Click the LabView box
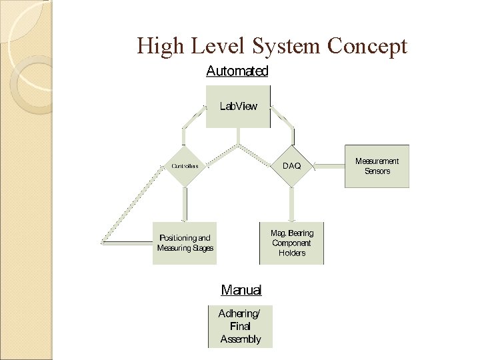tap(238, 106)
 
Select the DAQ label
tap(292, 165)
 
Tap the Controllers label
tap(185, 165)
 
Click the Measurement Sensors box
tap(377, 166)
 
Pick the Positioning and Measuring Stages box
tap(185, 243)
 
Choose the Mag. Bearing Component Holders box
tap(291, 243)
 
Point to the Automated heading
tap(237, 71)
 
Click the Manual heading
tap(241, 290)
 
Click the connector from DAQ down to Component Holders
tap(291, 204)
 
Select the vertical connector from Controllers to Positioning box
tap(185, 204)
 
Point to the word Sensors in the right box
tap(377, 171)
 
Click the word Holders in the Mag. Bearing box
tap(291, 253)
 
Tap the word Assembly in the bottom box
tap(241, 339)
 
